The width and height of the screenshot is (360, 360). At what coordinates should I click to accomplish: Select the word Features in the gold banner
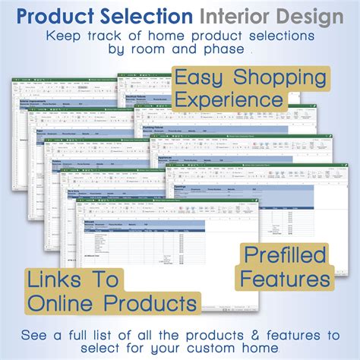click(283, 278)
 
